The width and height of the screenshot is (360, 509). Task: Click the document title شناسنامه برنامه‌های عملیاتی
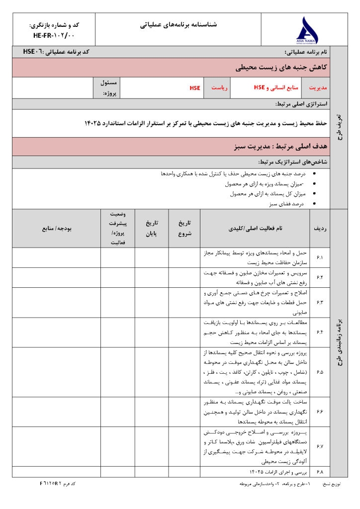click(x=180, y=24)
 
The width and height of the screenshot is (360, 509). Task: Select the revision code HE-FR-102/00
click(x=54, y=36)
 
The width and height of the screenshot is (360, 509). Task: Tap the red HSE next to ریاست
click(x=194, y=88)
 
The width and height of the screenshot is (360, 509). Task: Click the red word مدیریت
click(x=318, y=88)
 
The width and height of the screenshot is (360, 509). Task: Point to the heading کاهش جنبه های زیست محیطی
click(x=280, y=68)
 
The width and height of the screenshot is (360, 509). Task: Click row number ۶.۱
click(x=320, y=257)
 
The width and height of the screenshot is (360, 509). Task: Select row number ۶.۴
click(x=320, y=332)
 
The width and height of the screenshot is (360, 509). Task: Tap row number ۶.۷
click(x=320, y=446)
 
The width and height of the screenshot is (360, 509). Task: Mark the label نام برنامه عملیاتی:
click(x=306, y=52)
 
